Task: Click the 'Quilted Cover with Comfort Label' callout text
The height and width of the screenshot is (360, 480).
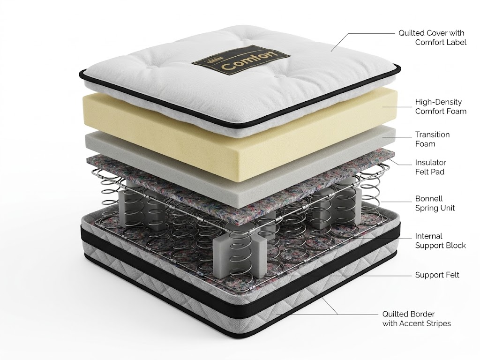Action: [432, 37]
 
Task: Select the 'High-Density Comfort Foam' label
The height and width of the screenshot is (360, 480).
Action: [441, 106]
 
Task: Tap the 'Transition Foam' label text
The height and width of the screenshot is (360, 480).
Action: [432, 139]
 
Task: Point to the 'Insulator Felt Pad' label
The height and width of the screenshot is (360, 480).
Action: [430, 167]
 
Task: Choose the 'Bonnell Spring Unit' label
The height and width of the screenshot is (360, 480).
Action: [435, 203]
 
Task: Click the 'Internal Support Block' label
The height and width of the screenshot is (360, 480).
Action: [440, 240]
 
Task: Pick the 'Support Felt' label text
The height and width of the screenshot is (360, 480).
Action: [437, 275]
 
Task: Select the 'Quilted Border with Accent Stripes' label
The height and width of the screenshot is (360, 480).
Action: [416, 318]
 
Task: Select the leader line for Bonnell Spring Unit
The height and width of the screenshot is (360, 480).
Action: [396, 202]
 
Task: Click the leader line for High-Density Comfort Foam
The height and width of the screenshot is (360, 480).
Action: [397, 107]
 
